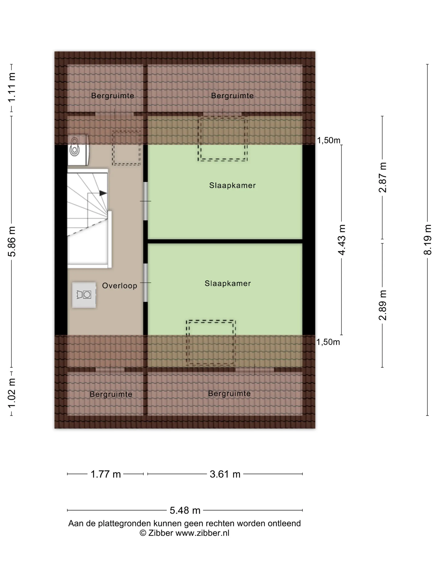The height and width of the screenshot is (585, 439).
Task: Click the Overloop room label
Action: click(120, 286)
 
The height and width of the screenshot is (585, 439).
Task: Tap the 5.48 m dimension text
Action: click(185, 510)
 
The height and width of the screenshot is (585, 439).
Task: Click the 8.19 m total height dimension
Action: click(427, 240)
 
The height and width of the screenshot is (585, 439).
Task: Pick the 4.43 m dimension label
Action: click(342, 240)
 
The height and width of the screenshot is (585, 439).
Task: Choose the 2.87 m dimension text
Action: click(382, 177)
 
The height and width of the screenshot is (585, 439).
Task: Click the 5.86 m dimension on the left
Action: click(12, 242)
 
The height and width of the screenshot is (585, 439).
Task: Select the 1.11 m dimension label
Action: click(12, 87)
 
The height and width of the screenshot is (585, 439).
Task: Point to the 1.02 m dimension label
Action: click(12, 393)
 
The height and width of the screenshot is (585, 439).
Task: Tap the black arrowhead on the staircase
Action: click(103, 193)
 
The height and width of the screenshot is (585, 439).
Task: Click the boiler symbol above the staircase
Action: click(78, 150)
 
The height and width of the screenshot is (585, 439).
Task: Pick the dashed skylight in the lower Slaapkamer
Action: click(211, 343)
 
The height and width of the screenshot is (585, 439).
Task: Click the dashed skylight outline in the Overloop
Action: click(126, 148)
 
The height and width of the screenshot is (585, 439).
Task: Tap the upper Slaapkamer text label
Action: click(232, 185)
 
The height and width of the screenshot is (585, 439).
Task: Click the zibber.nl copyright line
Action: click(184, 533)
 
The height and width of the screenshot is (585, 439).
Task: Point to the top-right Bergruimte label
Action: click(232, 95)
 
